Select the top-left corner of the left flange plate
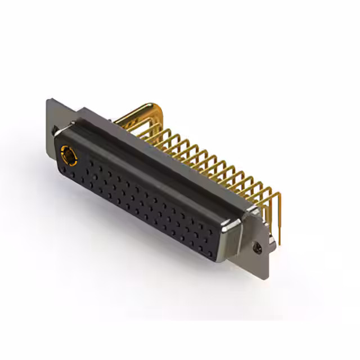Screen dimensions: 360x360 point(48,101)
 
